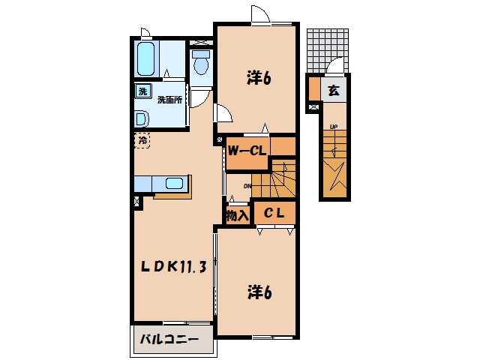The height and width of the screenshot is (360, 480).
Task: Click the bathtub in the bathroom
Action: pyautogui.click(x=145, y=58)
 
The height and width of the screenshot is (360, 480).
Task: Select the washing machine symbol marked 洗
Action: pyautogui.click(x=143, y=91)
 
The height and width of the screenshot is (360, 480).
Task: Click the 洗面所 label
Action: pyautogui.click(x=169, y=100)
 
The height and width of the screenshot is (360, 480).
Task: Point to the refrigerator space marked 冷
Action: pyautogui.click(x=142, y=140)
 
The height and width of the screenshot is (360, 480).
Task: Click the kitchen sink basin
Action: pyautogui.click(x=175, y=184)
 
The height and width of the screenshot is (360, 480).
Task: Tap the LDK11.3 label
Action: pyautogui.click(x=173, y=267)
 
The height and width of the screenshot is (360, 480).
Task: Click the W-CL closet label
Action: pyautogui.click(x=247, y=150)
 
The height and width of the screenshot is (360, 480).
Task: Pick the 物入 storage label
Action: pyautogui.click(x=237, y=216)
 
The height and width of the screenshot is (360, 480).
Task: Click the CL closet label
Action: pyautogui.click(x=274, y=213)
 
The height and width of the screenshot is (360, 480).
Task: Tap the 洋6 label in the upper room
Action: pyautogui.click(x=259, y=78)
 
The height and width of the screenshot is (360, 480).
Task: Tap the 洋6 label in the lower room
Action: pyautogui.click(x=259, y=292)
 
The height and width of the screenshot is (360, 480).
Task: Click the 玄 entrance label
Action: pyautogui.click(x=334, y=90)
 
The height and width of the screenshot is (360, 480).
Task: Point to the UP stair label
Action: pyautogui.click(x=334, y=127)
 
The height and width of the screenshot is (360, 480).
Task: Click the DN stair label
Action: pyautogui.click(x=247, y=186)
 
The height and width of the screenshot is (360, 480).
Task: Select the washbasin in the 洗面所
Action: pyautogui.click(x=142, y=118)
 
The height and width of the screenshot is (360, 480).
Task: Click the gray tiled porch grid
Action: pyautogui.click(x=328, y=51)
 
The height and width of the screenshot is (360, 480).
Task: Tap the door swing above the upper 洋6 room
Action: pyautogui.click(x=260, y=13)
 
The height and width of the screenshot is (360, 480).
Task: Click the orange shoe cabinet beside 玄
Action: pyautogui.click(x=314, y=88)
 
